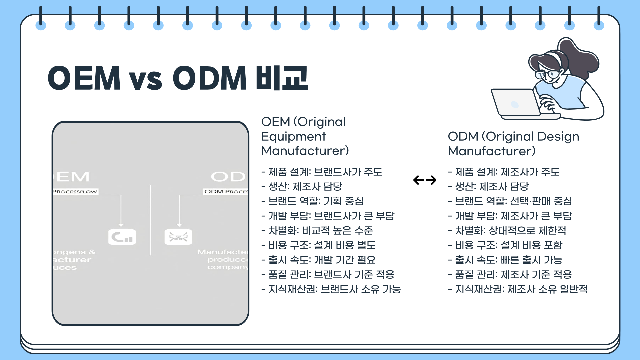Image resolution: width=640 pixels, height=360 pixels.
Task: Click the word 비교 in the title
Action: (x=282, y=78)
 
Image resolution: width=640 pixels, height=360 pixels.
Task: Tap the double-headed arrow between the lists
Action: (x=425, y=180)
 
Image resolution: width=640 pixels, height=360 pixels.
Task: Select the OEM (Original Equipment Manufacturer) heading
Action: (x=305, y=136)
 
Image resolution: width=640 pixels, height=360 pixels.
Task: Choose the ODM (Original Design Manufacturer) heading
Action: (x=513, y=143)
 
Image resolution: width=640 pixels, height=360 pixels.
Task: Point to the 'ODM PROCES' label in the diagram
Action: (x=226, y=192)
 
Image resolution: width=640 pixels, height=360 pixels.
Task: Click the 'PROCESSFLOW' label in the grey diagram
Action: (x=75, y=192)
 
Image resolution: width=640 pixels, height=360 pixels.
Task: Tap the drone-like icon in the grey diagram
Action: (x=178, y=237)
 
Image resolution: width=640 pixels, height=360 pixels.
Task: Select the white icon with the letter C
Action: (x=122, y=237)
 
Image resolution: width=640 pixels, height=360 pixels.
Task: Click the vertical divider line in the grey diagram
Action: (x=150, y=220)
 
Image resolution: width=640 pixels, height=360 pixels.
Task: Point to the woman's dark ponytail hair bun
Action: (x=580, y=57)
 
